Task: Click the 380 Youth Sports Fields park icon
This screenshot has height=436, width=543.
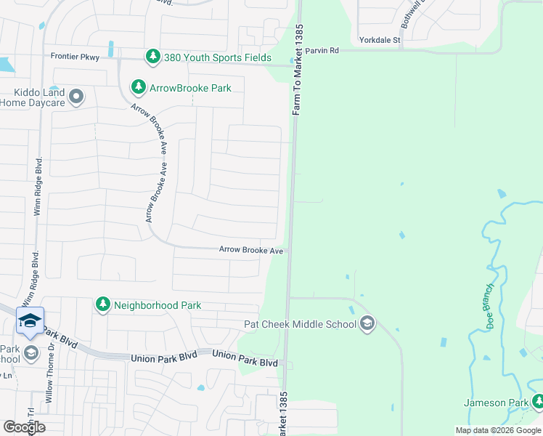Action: (152, 56)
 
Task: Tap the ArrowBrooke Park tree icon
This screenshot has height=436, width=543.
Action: (138, 87)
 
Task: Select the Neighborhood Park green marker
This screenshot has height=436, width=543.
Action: (103, 304)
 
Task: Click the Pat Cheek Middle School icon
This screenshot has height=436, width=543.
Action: (367, 323)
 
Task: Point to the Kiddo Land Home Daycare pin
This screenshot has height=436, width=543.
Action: (75, 96)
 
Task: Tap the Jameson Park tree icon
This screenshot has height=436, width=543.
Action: (538, 402)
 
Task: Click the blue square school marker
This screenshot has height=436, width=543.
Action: (30, 321)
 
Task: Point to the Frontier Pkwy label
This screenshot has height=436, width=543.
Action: (75, 56)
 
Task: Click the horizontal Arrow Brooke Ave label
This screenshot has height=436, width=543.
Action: (251, 250)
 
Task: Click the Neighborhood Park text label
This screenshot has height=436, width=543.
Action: (158, 305)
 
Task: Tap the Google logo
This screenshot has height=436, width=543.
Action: (24, 427)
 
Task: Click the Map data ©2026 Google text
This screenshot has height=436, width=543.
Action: (498, 430)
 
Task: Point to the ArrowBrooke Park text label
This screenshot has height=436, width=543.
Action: (190, 88)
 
